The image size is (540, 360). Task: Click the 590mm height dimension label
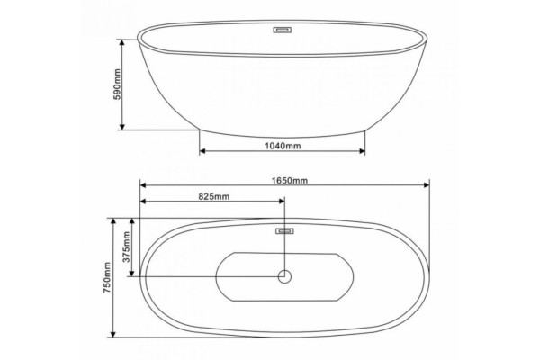pos(117,85)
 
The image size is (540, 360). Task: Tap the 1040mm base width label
pos(283,146)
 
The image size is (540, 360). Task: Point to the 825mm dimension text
pos(214,196)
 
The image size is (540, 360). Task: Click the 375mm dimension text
pos(126,247)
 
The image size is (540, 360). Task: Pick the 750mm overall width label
pos(107,277)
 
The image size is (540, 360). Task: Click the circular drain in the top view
pos(284,276)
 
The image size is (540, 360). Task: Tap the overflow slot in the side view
pos(283,30)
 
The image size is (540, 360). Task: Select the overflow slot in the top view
pos(284,231)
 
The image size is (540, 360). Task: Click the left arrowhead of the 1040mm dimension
pos(202,151)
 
